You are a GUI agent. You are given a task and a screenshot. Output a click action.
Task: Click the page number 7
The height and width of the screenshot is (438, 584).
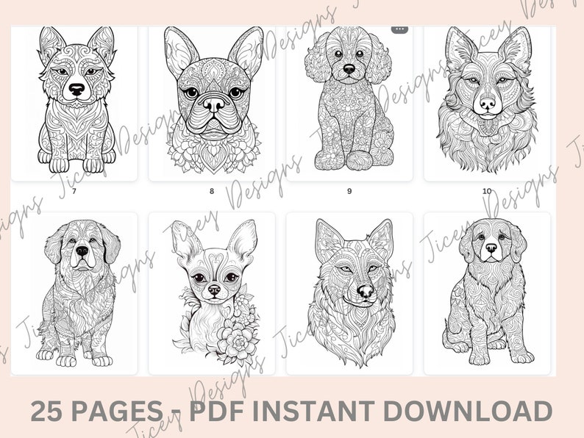pos(74,191)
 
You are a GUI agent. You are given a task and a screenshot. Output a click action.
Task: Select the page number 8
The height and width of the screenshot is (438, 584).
pos(212,191)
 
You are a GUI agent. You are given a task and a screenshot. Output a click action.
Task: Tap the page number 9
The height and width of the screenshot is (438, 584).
pos(349,191)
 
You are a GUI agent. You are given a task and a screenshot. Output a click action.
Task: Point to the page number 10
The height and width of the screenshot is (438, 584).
pos(487,191)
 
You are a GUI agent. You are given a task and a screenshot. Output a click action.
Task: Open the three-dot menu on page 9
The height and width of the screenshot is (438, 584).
pos(399,29)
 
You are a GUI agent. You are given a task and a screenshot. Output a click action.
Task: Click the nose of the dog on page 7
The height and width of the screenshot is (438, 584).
pos(76,90)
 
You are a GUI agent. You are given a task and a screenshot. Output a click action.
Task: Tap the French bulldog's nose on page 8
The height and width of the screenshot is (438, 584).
pos(213,105)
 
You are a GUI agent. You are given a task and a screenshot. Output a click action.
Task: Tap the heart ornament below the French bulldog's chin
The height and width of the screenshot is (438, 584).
pos(213,156)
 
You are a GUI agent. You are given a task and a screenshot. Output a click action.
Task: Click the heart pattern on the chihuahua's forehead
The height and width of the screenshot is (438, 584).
pos(213,259)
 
